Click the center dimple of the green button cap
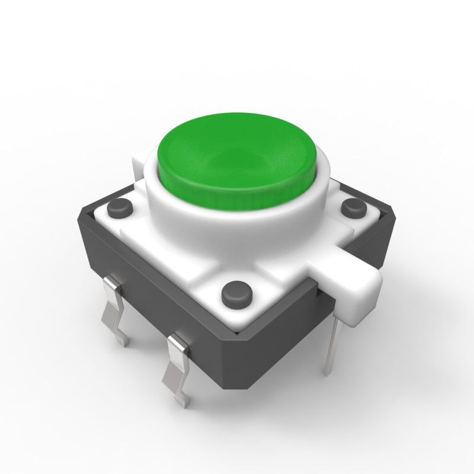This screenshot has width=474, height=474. [237, 155]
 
